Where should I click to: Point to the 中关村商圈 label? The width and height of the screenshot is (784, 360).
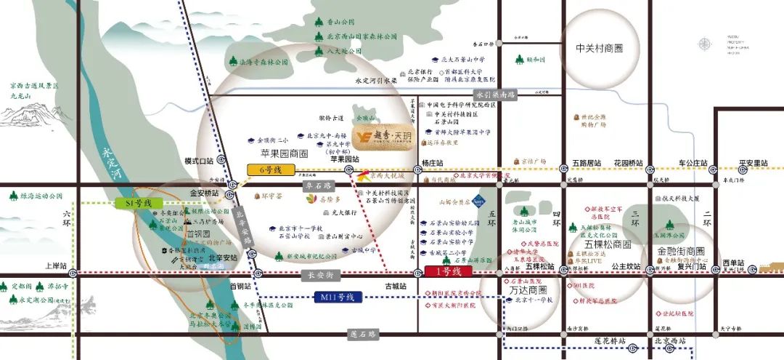600,49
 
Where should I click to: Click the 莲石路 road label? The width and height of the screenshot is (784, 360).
363,335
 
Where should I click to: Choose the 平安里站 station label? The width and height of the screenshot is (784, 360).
752,162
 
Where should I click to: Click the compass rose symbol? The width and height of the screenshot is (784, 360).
703,45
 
